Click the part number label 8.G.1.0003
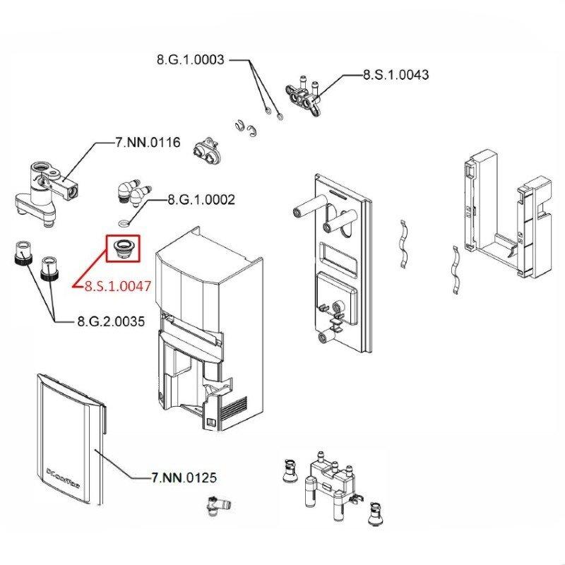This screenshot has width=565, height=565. pos(191,60)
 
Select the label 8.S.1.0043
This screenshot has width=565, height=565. pos(395,74)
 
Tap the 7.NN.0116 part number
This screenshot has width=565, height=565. pos(148,143)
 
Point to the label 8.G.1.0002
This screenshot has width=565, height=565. pos(201,201)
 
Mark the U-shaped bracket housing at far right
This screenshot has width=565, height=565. pos(505,212)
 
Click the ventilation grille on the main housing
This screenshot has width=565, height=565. pos(234,409)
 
